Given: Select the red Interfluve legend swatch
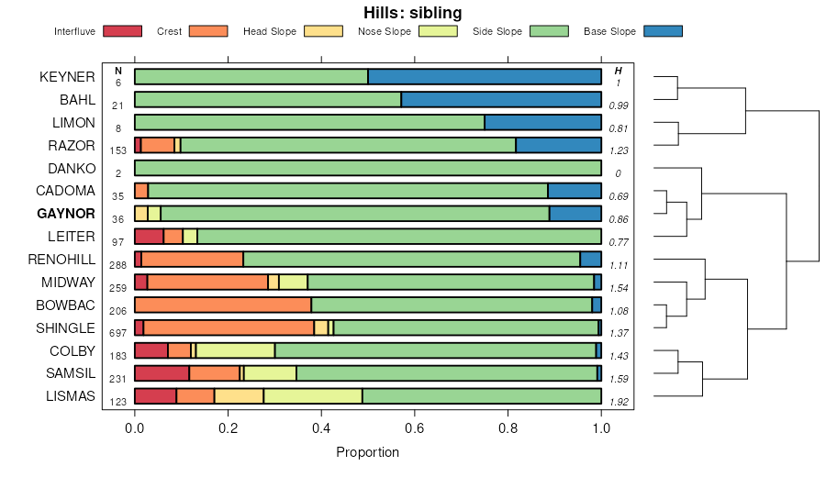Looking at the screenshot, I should (122, 31).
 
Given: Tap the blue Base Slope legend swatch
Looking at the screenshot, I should (663, 31).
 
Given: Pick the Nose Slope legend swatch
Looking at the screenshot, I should (438, 31).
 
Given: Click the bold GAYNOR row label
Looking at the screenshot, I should (65, 214).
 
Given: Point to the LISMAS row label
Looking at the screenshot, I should (71, 396).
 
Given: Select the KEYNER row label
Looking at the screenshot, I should (67, 77).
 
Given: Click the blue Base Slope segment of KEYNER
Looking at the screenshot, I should (485, 77).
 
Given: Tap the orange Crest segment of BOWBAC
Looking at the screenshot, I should (223, 305).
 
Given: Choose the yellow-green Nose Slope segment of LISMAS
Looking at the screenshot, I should (313, 396).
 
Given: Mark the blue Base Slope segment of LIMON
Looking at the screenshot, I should (542, 123).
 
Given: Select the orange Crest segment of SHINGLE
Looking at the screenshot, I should (229, 328).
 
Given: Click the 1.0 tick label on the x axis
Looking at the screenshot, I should (601, 426).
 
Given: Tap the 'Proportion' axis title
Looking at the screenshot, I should (367, 452).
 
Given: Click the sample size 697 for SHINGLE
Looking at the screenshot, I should (117, 333).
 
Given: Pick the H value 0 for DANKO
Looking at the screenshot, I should (618, 173).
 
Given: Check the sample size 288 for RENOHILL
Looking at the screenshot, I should (117, 264).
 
